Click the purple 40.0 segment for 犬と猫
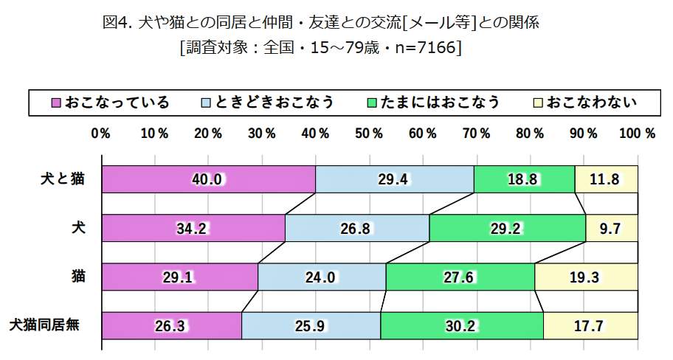[x=209, y=179]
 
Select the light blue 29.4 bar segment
[x=394, y=179]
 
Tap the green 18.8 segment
[x=524, y=179]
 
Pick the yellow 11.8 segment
[x=606, y=179]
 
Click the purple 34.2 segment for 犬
[x=193, y=228]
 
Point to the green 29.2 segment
[x=507, y=228]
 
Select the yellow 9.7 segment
[x=611, y=228]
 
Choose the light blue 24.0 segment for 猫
[x=322, y=277]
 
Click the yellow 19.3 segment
[x=586, y=277]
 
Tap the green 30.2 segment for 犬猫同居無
[x=462, y=325]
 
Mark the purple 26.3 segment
[x=172, y=325]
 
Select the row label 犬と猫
[x=63, y=179]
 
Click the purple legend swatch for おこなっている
[x=55, y=102]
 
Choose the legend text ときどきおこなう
[x=275, y=102]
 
